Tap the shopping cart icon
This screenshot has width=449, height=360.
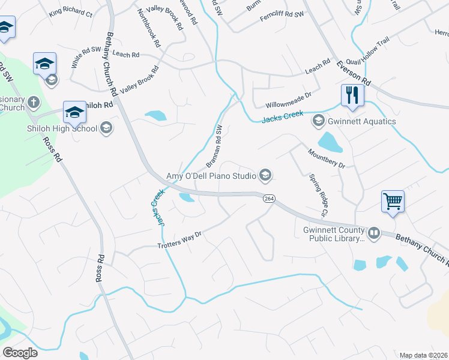(393, 201)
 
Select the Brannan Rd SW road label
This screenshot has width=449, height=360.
(214, 146)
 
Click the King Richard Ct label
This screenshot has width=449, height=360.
(71, 13)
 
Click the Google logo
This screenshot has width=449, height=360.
(20, 353)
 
